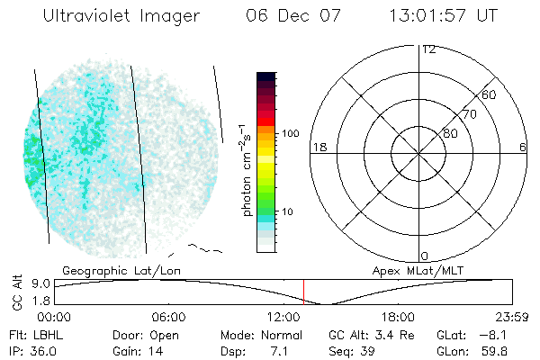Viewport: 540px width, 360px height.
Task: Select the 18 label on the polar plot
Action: point(318,147)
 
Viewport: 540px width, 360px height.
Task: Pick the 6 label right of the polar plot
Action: point(523,147)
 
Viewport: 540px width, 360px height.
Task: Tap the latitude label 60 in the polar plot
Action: point(490,94)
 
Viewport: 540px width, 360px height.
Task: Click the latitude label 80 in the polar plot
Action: point(451,133)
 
